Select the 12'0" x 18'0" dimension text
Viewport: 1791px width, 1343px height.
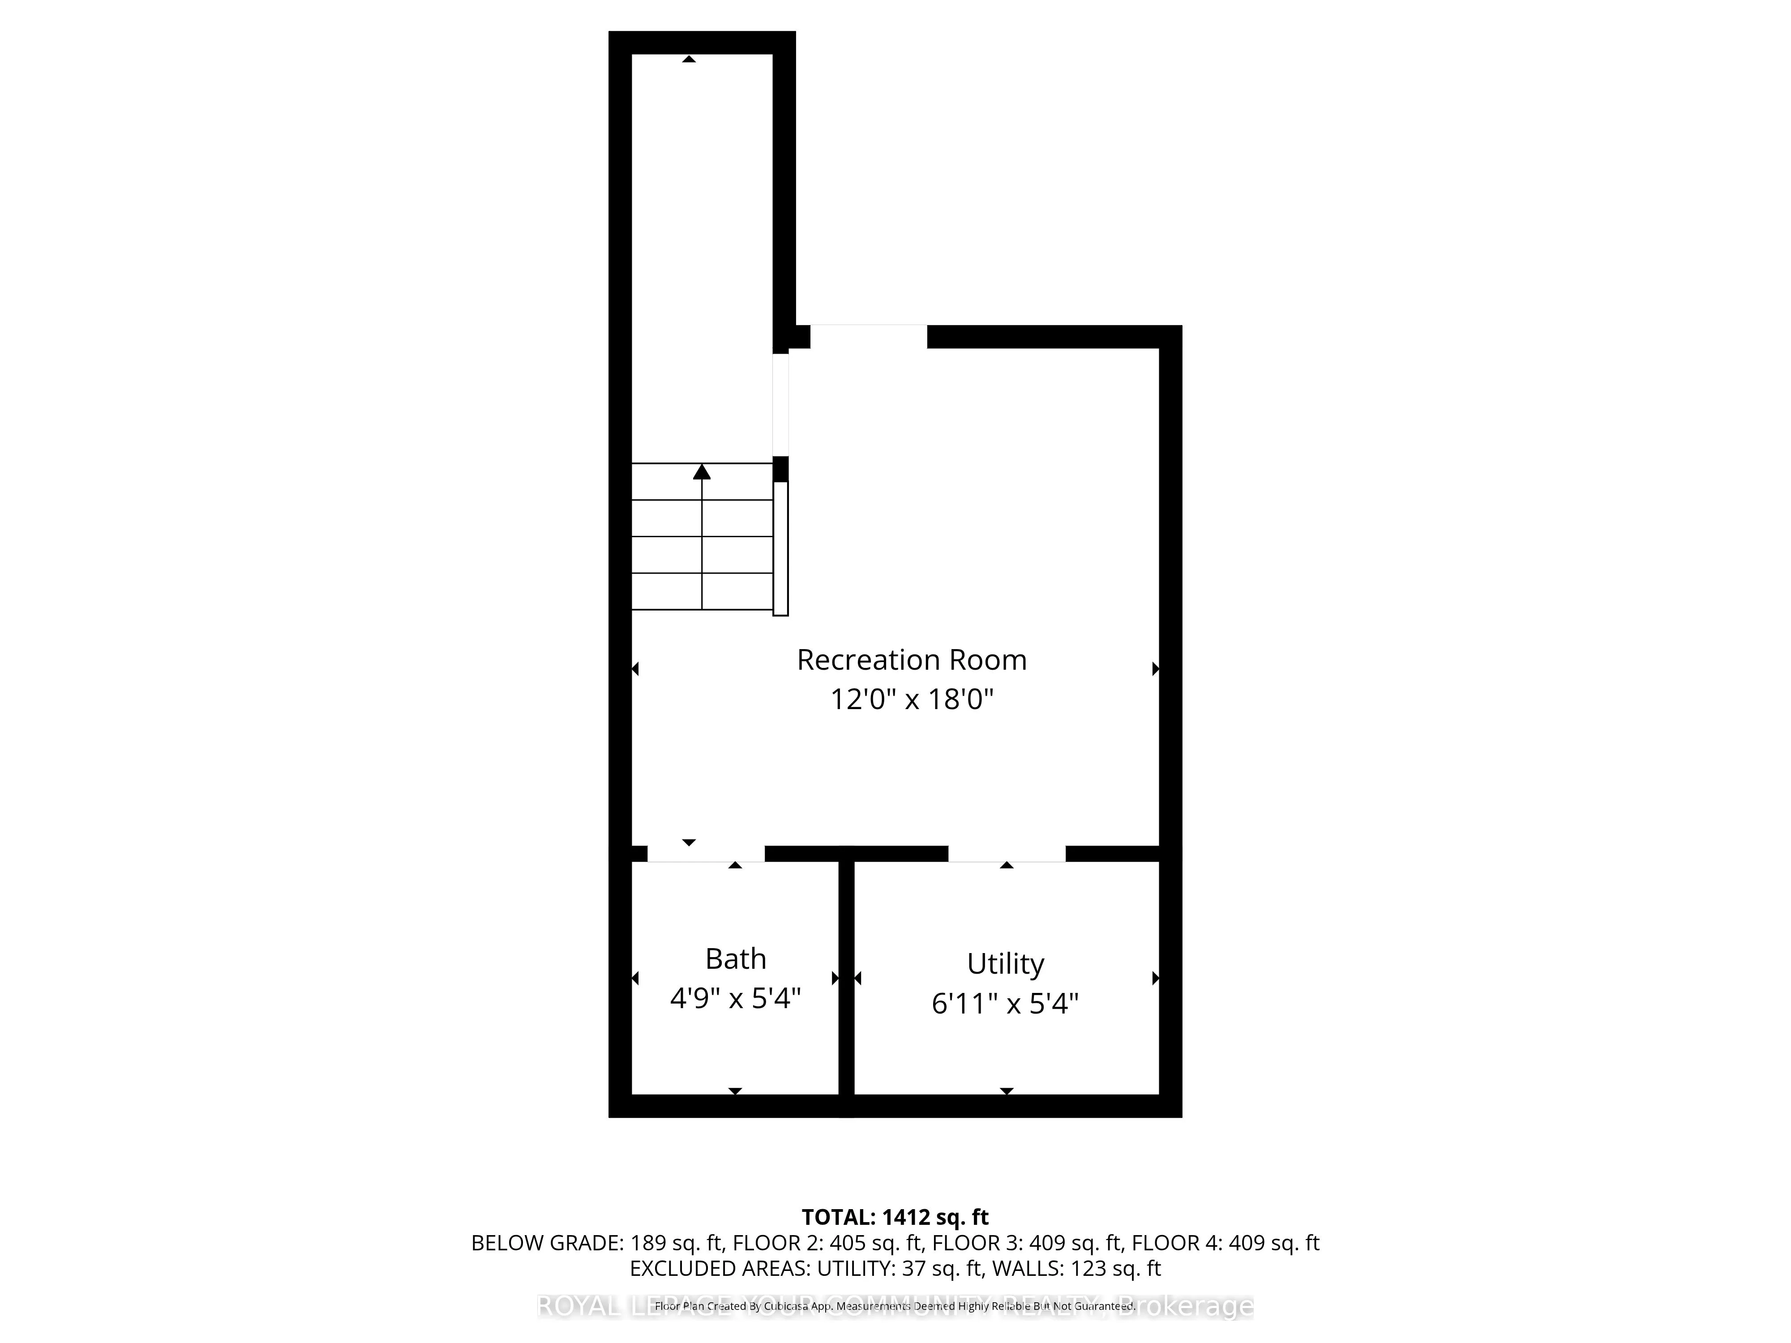coord(912,699)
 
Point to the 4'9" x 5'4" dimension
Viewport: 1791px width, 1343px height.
coord(735,999)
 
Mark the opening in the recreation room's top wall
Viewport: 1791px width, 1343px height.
coord(868,337)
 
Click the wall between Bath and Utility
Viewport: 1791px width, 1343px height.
coord(846,979)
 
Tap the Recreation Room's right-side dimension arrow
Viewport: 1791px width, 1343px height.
coord(1155,669)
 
